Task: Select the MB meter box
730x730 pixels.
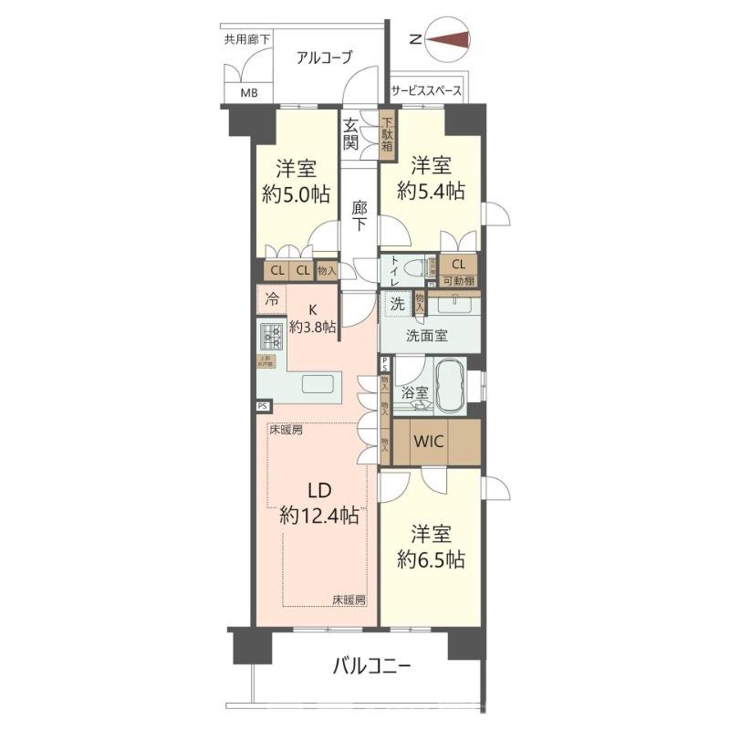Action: [x=248, y=93]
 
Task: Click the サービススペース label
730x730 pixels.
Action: [x=426, y=91]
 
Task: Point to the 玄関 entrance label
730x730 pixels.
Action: [x=351, y=134]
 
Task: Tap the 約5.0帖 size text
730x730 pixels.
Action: [x=295, y=193]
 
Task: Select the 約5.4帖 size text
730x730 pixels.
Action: [x=431, y=190]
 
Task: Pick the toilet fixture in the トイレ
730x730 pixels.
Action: [x=415, y=268]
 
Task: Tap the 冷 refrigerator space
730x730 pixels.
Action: [x=272, y=297]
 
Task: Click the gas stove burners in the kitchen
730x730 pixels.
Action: [x=270, y=337]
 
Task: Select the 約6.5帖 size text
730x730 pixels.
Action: [x=431, y=558]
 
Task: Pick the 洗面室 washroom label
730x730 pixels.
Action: [x=426, y=335]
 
